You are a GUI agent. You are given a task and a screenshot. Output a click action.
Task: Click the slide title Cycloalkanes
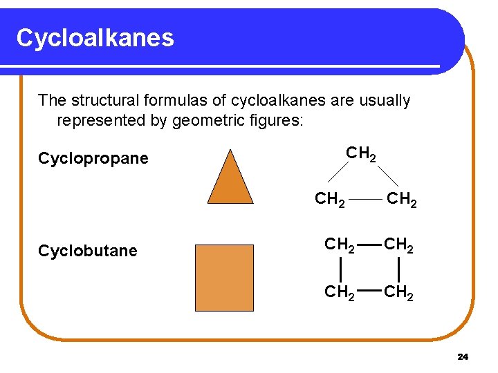pyautogui.click(x=95, y=37)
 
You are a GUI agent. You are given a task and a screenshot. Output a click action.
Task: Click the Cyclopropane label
pyautogui.click(x=93, y=158)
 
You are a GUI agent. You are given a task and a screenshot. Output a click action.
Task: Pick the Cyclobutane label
pyautogui.click(x=88, y=251)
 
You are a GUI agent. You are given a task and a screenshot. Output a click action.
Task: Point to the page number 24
pyautogui.click(x=463, y=356)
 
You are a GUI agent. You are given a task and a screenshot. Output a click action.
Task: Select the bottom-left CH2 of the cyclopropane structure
pyautogui.click(x=330, y=200)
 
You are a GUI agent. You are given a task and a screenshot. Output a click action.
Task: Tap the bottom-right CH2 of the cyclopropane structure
pyautogui.click(x=401, y=200)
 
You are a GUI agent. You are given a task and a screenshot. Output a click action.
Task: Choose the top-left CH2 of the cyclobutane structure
pyautogui.click(x=340, y=245)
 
